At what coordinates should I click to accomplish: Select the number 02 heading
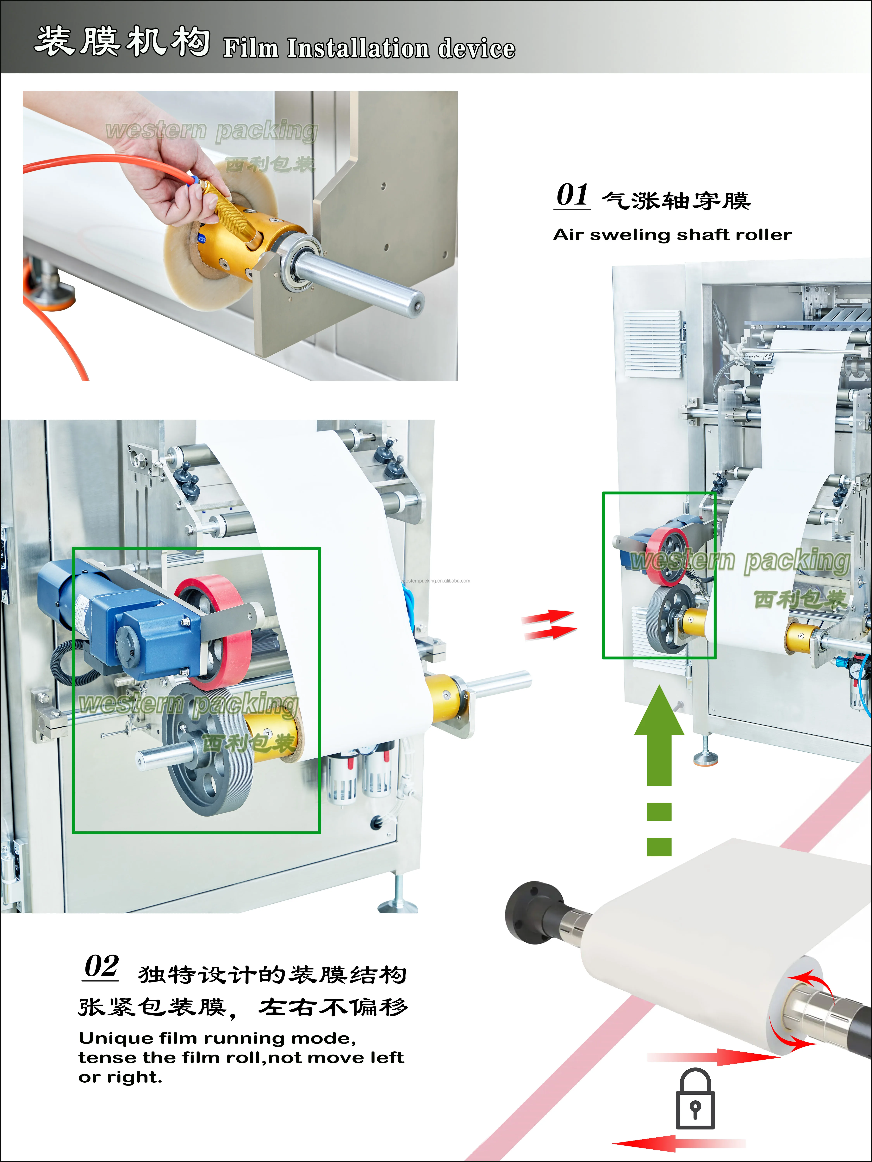pyautogui.click(x=102, y=967)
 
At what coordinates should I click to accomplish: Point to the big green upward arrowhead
pyautogui.click(x=659, y=712)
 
